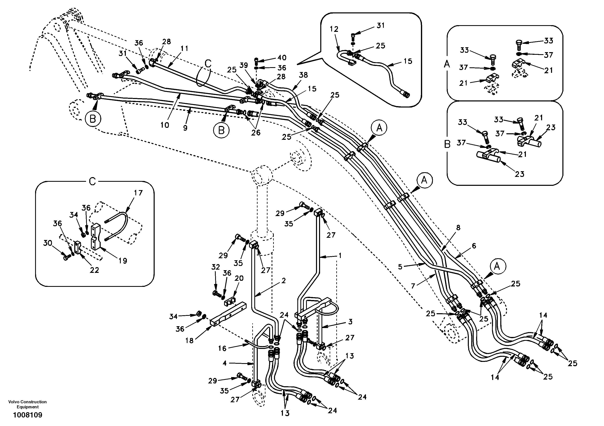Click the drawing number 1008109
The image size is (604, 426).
(x=28, y=415)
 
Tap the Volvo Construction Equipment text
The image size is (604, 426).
(x=27, y=404)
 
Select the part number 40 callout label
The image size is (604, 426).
(x=282, y=58)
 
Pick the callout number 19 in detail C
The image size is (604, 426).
(x=123, y=261)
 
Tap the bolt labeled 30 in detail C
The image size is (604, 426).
(x=66, y=257)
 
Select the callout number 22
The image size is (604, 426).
(x=94, y=270)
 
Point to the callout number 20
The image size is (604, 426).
(x=239, y=278)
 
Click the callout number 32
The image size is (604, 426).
(x=216, y=267)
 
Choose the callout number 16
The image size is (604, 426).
(x=222, y=349)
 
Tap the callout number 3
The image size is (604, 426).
(x=350, y=321)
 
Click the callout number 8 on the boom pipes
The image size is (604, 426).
(x=458, y=228)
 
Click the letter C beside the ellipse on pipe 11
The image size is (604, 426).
(x=208, y=64)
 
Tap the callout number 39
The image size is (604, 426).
(x=244, y=65)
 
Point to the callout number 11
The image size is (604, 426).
(x=184, y=48)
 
